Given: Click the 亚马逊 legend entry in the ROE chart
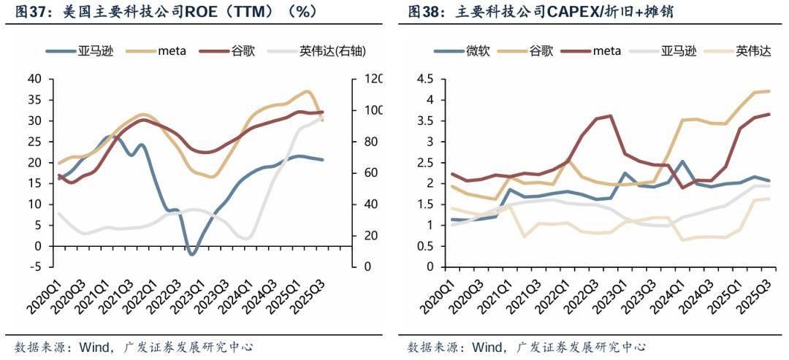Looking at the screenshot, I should click(91, 51).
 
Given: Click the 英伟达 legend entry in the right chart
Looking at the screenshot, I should click(753, 51).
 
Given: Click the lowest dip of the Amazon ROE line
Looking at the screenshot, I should click(192, 254).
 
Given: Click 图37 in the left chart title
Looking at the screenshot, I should click(26, 12).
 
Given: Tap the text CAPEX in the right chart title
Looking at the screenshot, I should click(563, 12).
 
